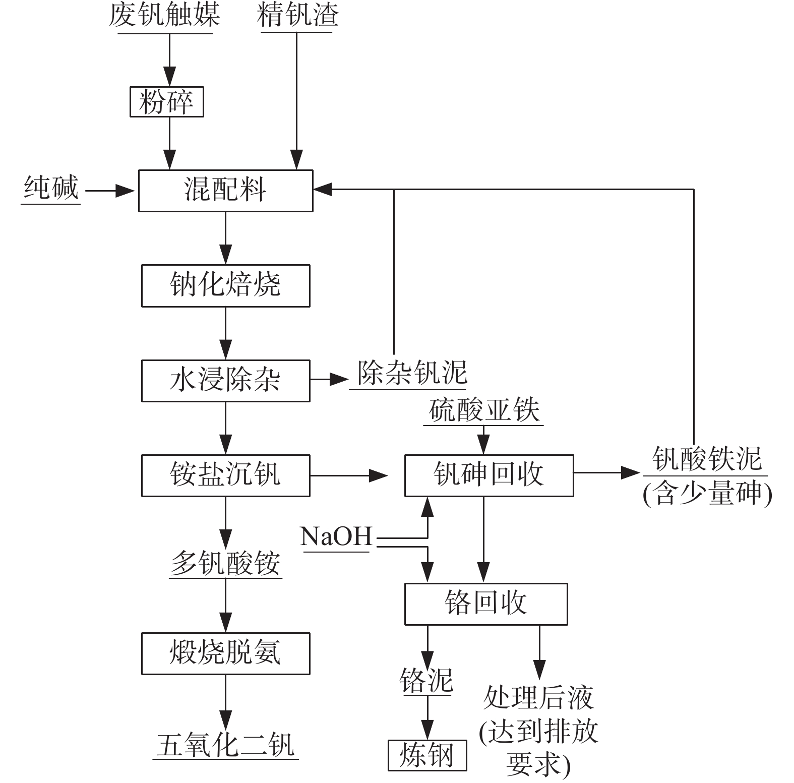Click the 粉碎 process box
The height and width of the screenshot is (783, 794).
166,102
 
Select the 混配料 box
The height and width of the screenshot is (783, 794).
225,191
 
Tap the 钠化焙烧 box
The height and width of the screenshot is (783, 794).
225,285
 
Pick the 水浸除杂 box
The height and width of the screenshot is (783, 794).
225,380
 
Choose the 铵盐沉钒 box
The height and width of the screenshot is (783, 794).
225,475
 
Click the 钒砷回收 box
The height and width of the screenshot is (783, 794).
488,475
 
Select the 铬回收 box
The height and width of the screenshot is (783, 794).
486,604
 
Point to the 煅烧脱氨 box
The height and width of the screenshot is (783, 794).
225,653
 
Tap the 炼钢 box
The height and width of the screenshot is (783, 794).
427,755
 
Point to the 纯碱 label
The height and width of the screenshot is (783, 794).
51,188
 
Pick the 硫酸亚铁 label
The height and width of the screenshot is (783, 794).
484,410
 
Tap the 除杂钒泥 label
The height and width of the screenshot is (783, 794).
411,374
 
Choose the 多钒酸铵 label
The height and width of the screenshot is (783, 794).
225,563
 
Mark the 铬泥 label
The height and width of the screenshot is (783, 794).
426,681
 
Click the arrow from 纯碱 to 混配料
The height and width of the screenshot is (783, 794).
110,191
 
